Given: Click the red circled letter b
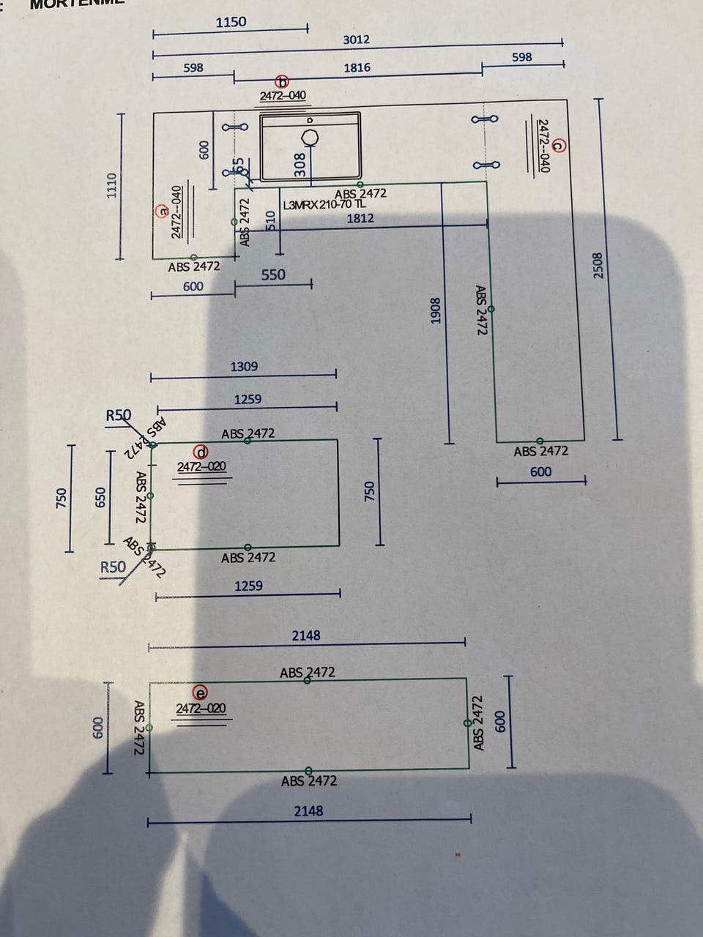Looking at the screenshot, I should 283,82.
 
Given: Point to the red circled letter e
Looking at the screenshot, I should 199,693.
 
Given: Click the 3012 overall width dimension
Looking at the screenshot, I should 356,40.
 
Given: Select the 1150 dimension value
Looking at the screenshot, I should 231,22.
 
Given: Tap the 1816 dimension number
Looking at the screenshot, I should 357,68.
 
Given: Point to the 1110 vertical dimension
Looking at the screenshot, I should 111,186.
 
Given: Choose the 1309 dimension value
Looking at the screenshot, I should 244,367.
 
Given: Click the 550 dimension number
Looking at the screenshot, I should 273,275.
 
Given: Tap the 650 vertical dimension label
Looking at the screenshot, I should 100,499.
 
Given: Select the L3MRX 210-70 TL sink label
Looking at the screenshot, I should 324,204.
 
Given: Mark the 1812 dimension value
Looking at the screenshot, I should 360,218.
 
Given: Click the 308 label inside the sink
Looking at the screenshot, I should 300,165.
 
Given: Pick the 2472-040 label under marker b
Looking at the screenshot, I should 283,96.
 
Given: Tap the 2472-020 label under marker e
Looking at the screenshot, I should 201,709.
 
